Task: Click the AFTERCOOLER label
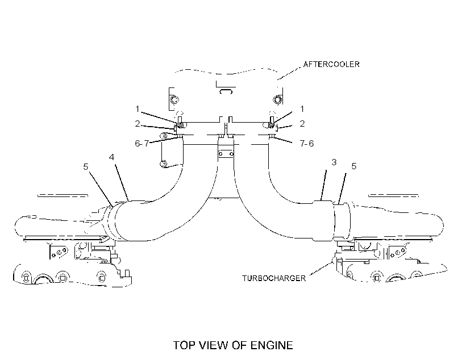331,64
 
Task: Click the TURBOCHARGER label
274,278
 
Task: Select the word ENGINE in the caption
272,345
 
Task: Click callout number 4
111,157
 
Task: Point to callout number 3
334,162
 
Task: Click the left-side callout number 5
86,166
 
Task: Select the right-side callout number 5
353,166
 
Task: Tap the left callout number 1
137,109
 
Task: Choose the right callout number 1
302,109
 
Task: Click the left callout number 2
138,124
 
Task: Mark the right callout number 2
302,124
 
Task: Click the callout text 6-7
142,144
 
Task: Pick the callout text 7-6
307,144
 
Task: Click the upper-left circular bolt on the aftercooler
174,99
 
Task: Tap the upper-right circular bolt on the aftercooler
277,99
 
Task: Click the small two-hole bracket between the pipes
226,154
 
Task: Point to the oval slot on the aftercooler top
226,91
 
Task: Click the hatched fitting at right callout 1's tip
271,126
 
